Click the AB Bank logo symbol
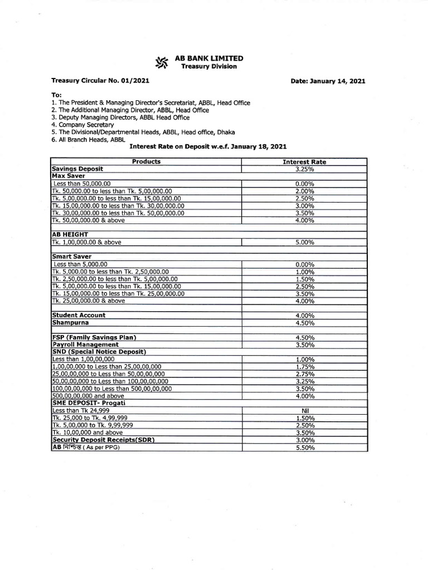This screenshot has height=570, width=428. click(x=162, y=62)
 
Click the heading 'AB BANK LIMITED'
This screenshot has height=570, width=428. click(x=208, y=58)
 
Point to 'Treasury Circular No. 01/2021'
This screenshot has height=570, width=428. click(x=100, y=81)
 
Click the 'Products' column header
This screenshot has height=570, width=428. click(x=146, y=162)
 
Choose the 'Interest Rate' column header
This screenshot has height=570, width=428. click(x=304, y=162)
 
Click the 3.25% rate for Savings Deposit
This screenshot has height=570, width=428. click(x=304, y=169)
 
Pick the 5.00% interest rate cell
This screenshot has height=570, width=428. click(x=304, y=243)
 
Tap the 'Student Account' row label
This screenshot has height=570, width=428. click(x=79, y=315)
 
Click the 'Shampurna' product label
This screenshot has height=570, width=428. click(x=70, y=322)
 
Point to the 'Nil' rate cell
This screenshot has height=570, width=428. click(x=304, y=411)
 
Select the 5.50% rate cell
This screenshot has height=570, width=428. click(x=304, y=448)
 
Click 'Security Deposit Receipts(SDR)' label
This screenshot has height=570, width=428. click(x=103, y=440)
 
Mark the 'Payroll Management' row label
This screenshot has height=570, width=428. click(x=85, y=345)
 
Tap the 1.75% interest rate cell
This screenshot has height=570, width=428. click(x=304, y=367)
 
